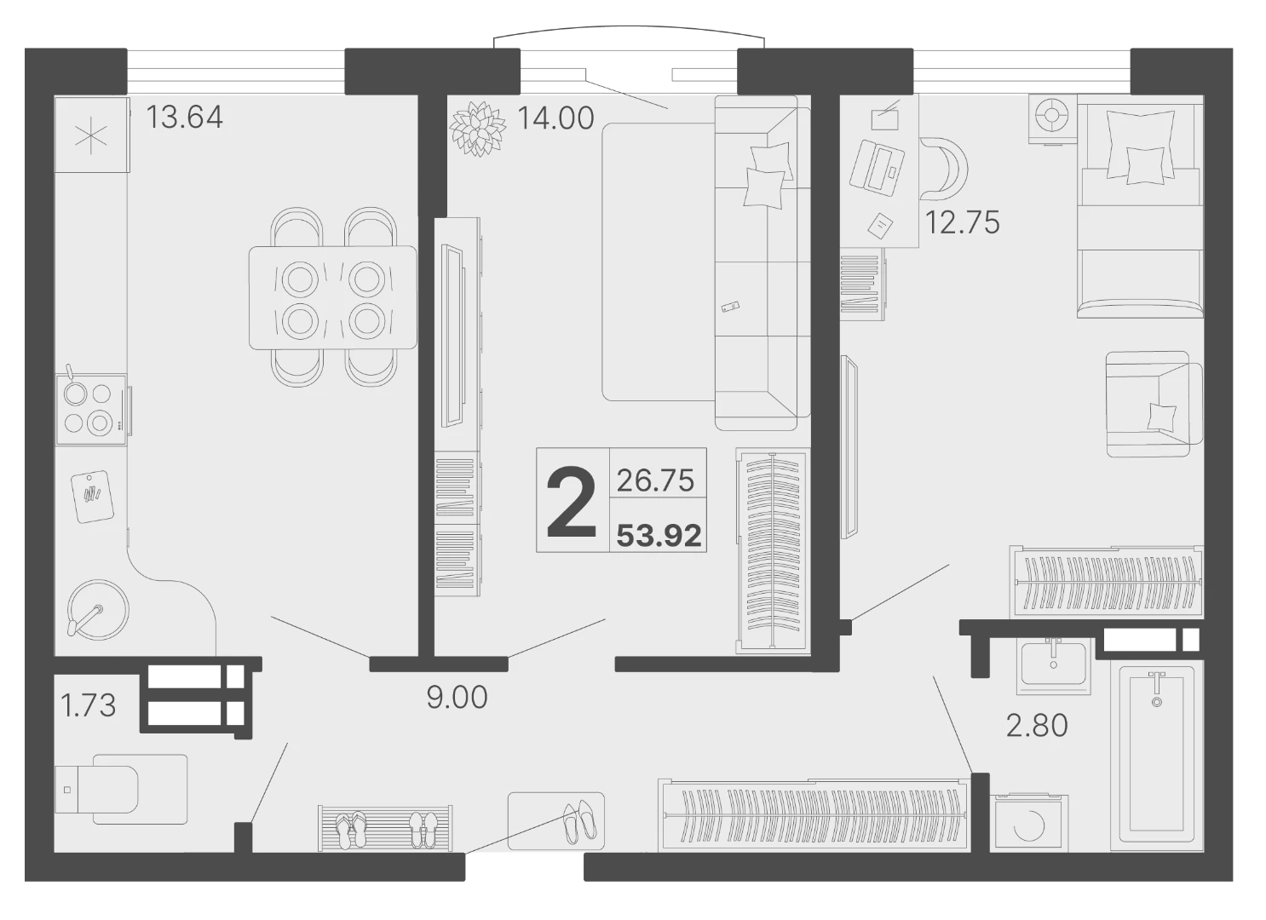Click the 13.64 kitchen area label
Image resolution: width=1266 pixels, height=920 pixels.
(184, 118)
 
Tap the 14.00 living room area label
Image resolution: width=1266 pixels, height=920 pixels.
(555, 118)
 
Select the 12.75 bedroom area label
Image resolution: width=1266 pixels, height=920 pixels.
(962, 222)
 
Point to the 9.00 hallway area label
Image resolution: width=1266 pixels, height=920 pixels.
(457, 698)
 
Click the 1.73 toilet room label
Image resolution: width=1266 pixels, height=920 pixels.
(88, 706)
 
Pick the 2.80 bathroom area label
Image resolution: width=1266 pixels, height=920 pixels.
(1037, 726)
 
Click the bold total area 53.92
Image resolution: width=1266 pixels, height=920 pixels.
(659, 536)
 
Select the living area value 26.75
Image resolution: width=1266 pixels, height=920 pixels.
(655, 481)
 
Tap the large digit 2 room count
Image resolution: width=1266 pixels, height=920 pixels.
(572, 503)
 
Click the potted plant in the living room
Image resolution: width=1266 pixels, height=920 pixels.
(478, 129)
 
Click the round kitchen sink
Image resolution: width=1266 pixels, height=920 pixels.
(98, 610)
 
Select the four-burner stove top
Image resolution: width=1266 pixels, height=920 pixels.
(90, 409)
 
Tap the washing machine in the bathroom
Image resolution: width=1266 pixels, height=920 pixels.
(1029, 823)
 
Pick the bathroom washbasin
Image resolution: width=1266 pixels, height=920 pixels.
(1053, 666)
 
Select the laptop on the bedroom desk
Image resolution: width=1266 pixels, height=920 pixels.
(877, 167)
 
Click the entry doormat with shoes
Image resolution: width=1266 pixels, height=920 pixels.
(555, 821)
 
